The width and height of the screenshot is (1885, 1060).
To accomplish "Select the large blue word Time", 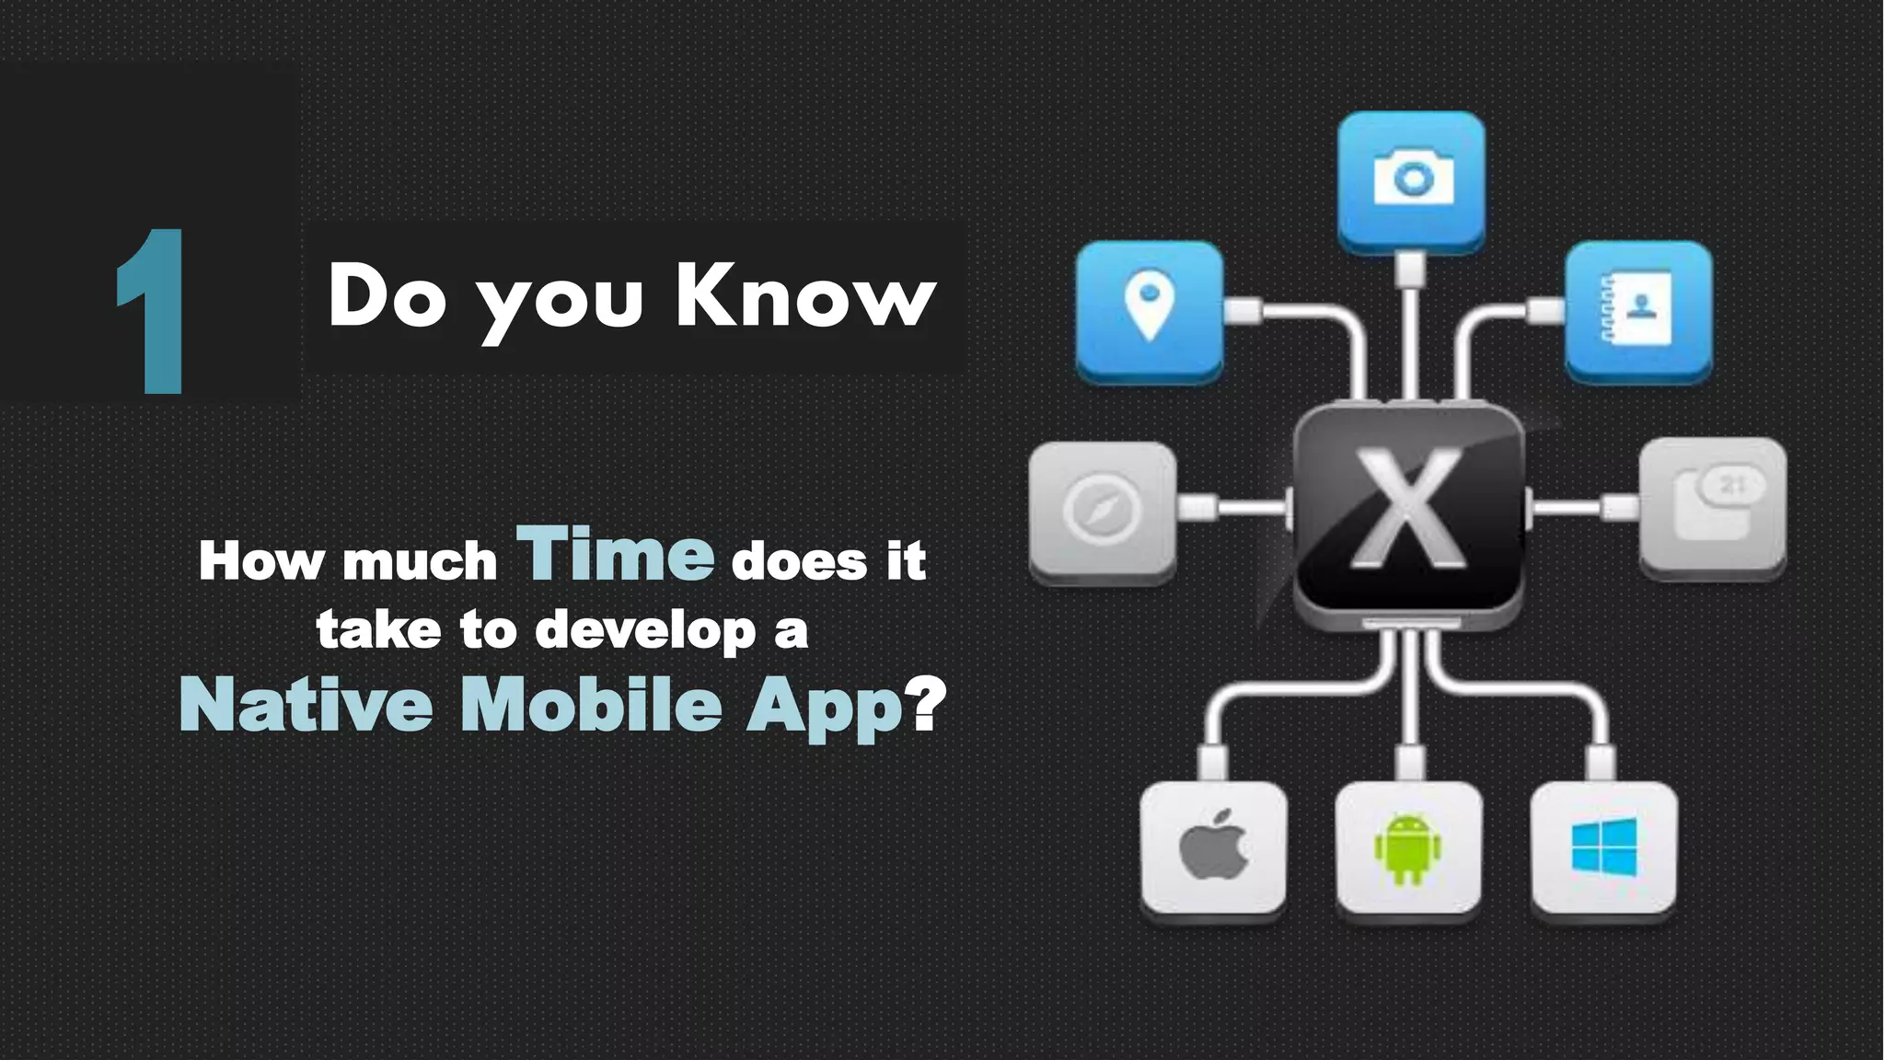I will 616,554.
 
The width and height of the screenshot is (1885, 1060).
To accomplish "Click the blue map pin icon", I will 1150,308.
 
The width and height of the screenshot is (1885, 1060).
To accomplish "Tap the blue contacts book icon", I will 1638,308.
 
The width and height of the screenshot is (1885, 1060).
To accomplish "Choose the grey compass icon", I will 1102,509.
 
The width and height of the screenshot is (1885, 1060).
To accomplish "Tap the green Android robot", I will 1408,848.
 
